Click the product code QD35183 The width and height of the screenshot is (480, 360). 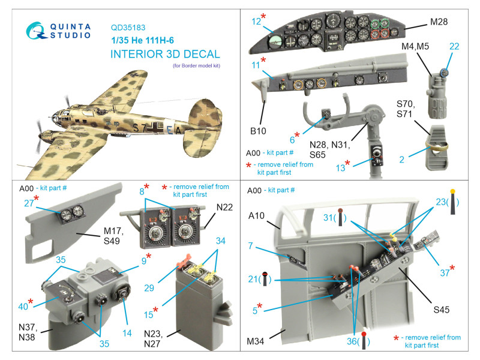tap(128, 26)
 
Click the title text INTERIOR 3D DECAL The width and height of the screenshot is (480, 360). tap(165, 54)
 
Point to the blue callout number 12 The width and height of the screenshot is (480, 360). tap(256, 22)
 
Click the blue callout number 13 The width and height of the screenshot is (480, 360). tap(340, 168)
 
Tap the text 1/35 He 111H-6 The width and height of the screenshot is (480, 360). tap(147, 40)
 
